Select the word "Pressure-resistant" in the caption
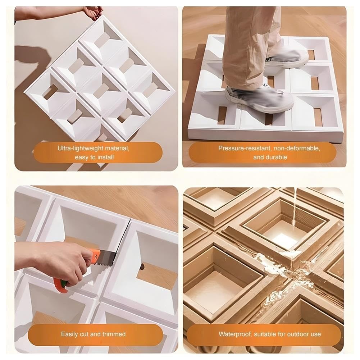244,148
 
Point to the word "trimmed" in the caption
114,334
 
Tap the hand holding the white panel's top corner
93,13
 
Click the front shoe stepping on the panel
259,99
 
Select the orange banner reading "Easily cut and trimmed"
95,334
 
